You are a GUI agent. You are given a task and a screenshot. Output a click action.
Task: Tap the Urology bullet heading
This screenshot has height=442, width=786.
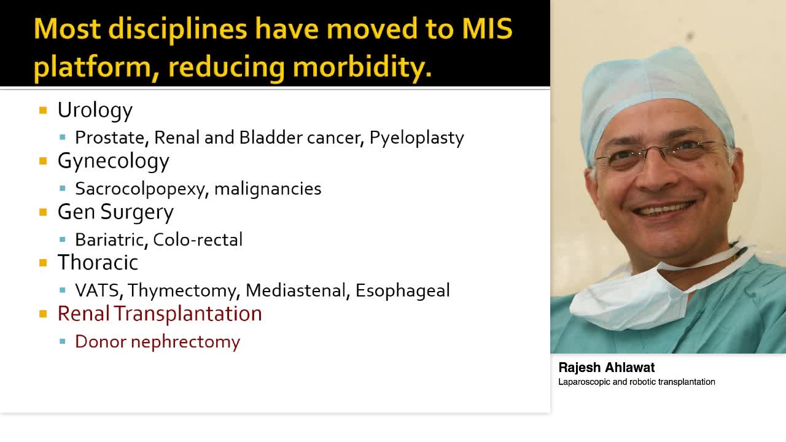pos(95,110)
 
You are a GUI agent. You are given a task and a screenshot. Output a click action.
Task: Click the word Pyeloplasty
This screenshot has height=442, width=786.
pos(416,138)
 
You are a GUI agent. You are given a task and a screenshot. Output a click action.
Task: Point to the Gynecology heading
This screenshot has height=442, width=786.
pos(113,161)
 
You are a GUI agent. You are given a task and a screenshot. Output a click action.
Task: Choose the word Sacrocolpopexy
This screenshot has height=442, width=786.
pos(139,188)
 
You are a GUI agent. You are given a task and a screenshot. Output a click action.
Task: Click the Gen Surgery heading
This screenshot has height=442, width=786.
pos(115,212)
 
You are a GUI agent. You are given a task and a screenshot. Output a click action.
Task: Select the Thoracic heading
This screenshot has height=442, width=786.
pos(98,263)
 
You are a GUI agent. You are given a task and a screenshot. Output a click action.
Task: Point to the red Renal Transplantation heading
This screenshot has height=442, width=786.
pos(160,314)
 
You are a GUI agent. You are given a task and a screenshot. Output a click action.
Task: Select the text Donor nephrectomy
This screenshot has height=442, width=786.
pos(157,341)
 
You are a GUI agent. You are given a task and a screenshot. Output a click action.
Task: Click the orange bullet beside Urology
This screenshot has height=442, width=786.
pos(43,110)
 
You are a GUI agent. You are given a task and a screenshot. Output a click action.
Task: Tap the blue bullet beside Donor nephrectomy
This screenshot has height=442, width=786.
pos(63,341)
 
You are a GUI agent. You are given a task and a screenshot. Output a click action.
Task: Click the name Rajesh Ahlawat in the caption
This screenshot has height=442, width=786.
pos(607,368)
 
